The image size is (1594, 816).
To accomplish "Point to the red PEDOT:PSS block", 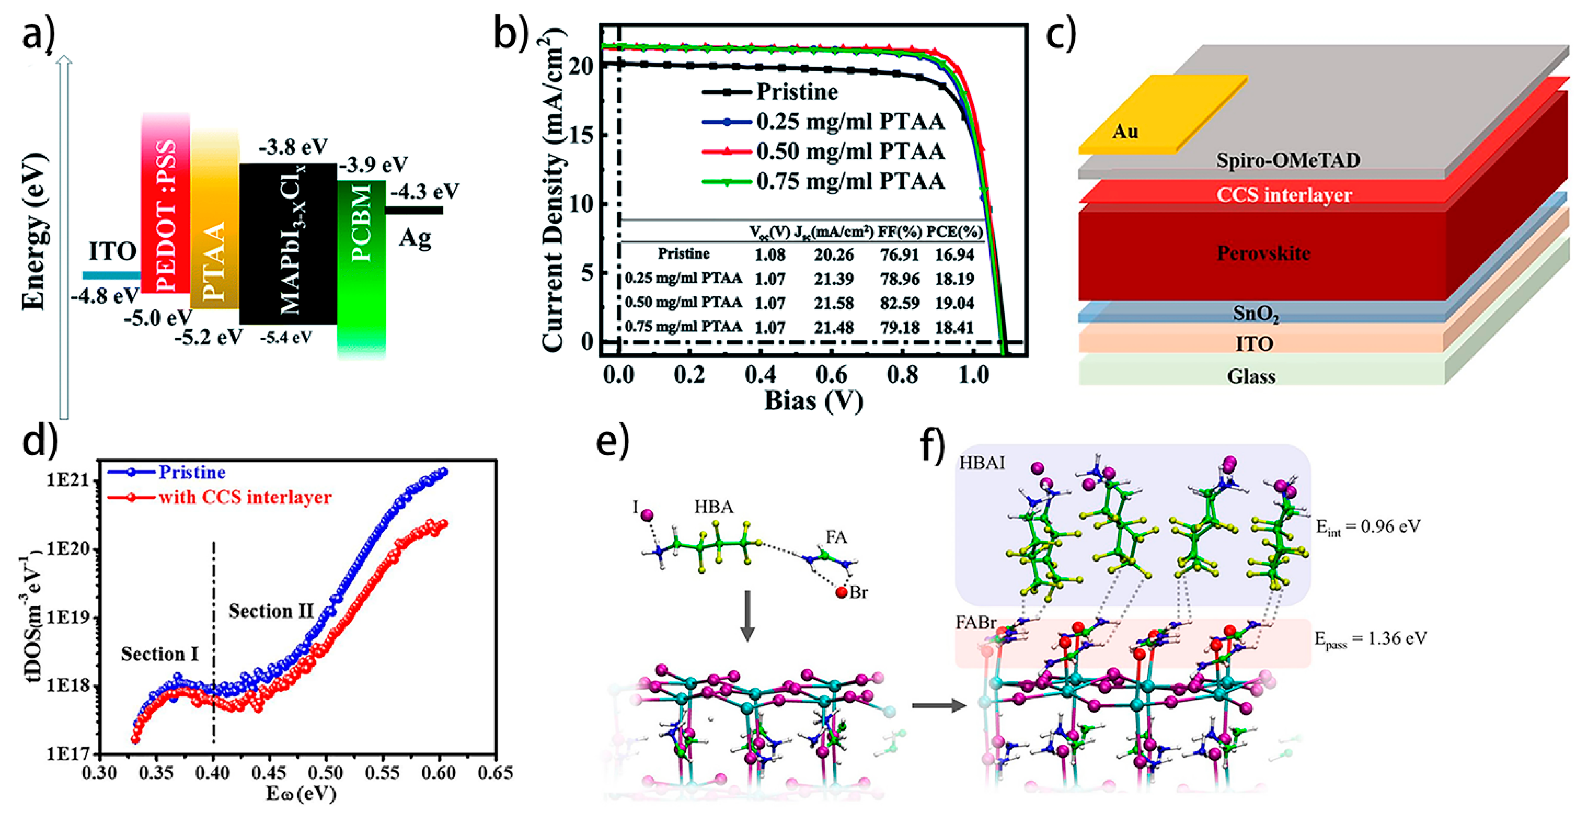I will [x=166, y=204].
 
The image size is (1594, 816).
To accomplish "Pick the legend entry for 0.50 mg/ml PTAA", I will [x=850, y=152].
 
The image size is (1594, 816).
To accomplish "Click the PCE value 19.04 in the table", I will [x=954, y=303].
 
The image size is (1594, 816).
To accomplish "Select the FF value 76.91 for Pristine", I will [x=899, y=254].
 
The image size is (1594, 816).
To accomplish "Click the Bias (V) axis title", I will [x=814, y=401].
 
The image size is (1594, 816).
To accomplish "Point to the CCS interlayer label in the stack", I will [x=1284, y=195].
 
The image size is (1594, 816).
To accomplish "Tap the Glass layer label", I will [x=1251, y=376].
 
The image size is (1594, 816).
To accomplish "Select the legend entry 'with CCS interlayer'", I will [x=245, y=497].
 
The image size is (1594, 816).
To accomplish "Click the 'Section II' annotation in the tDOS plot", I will [x=271, y=611].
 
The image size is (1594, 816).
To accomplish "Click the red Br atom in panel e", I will [x=841, y=593].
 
